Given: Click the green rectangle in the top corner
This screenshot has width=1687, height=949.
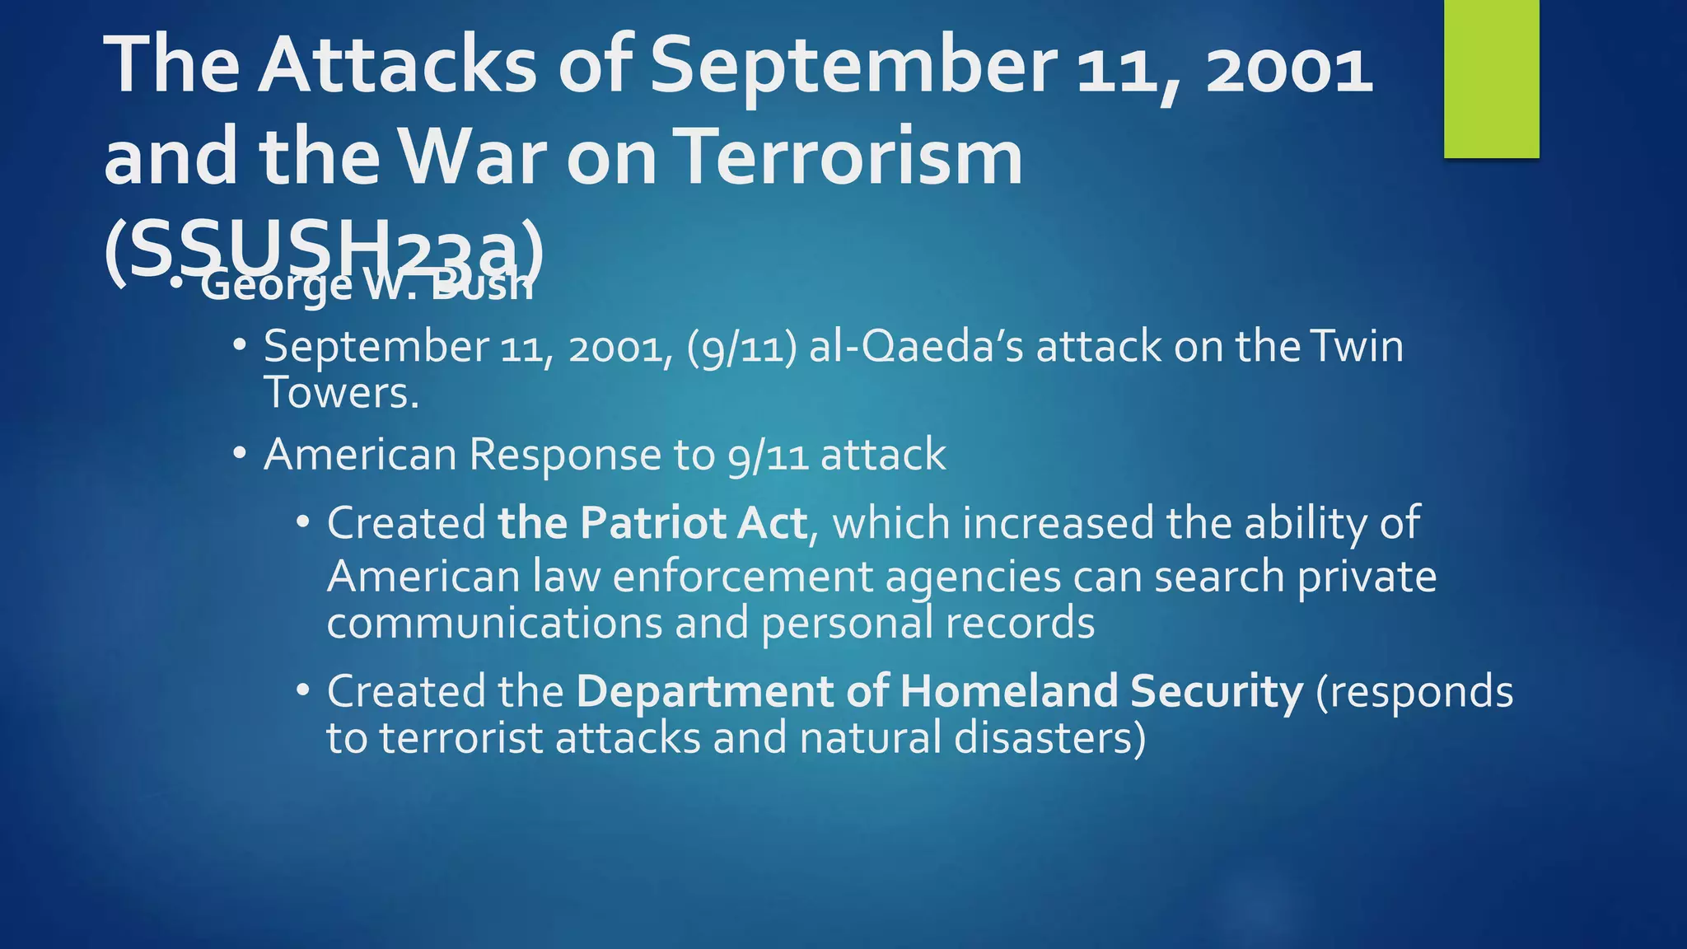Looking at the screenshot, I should pos(1491,78).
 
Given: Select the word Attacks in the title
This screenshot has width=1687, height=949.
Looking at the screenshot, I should pos(397,66).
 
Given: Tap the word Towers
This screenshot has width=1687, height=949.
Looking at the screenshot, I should pos(340,393).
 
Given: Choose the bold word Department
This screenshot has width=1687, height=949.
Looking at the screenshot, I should pos(704,691).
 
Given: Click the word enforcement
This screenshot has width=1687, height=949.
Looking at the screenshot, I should pos(741,577).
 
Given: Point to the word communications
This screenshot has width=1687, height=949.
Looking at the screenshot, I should pos(494,624).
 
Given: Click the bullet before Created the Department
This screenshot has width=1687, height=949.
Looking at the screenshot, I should pos(303,690).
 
